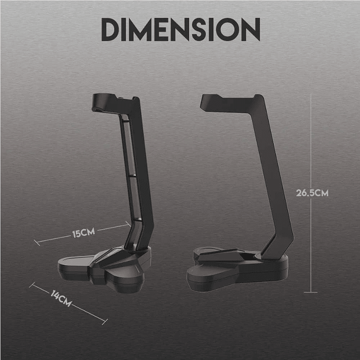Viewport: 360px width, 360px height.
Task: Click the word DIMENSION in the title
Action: (x=181, y=30)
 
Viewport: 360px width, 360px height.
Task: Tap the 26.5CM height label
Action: (x=312, y=193)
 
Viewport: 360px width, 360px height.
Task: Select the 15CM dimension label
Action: (x=83, y=233)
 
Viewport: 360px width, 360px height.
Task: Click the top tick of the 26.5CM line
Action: (x=310, y=96)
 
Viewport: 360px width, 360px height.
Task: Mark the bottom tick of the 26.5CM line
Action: (x=310, y=292)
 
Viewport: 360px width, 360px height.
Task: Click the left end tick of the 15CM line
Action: (x=37, y=243)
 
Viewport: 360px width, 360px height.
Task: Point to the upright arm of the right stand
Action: (x=270, y=175)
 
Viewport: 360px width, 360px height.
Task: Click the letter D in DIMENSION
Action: (x=111, y=30)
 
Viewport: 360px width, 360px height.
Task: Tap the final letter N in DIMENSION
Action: (x=250, y=30)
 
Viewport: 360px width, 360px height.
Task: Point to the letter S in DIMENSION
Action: (x=199, y=30)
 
